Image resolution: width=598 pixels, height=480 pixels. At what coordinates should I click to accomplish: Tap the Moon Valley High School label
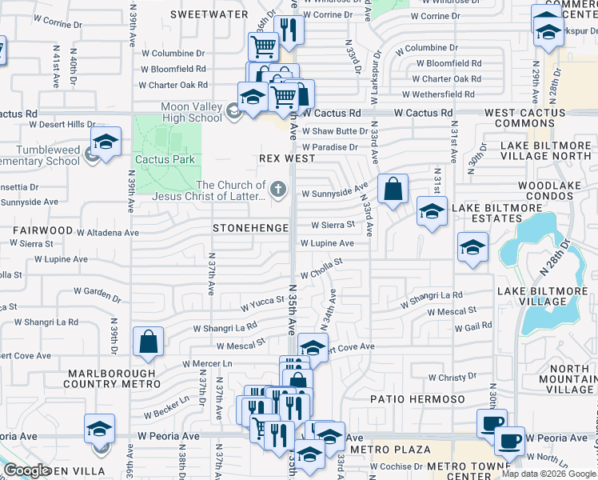tap(191, 112)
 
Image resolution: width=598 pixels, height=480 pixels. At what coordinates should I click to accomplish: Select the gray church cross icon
tap(277, 190)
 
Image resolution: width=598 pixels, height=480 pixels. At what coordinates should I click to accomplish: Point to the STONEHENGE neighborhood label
tap(250, 228)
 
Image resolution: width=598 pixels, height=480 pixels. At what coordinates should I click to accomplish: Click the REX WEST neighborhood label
tap(287, 158)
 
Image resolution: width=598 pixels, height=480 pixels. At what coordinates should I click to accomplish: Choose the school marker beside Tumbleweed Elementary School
tap(106, 142)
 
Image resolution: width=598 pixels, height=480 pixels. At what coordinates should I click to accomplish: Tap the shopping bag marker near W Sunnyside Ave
tap(393, 190)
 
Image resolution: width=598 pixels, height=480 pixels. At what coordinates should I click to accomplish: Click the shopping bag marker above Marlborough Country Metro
tap(148, 342)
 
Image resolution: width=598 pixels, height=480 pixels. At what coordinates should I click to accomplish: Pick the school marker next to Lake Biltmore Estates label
tap(432, 213)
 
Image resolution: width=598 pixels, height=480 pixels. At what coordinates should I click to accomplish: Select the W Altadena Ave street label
tap(107, 232)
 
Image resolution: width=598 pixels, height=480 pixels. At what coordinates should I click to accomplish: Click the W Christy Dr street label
tap(452, 377)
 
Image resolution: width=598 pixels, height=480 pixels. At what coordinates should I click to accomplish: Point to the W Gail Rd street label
tap(476, 326)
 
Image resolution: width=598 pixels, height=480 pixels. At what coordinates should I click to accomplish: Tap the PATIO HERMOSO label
tap(417, 398)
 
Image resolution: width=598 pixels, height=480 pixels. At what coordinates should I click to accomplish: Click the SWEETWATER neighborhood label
tap(205, 14)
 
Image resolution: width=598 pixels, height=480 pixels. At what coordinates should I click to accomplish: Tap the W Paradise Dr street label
tap(329, 147)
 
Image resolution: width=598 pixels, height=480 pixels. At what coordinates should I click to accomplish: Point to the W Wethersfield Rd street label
tap(450, 94)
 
